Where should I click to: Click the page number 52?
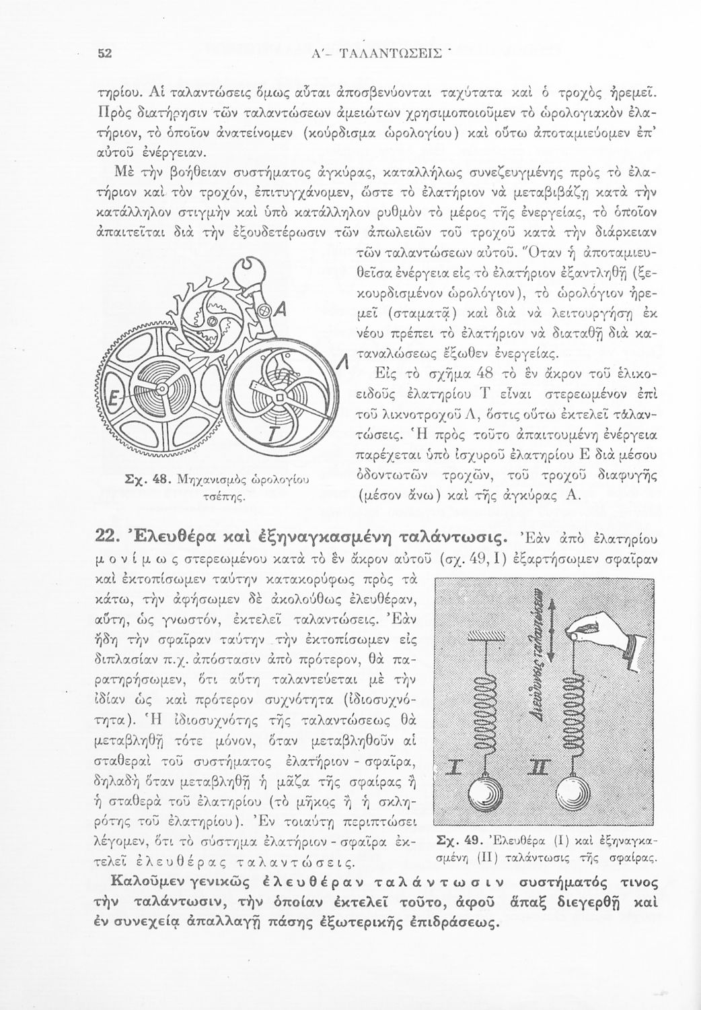(104, 55)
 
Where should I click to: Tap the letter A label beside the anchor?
(283, 312)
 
